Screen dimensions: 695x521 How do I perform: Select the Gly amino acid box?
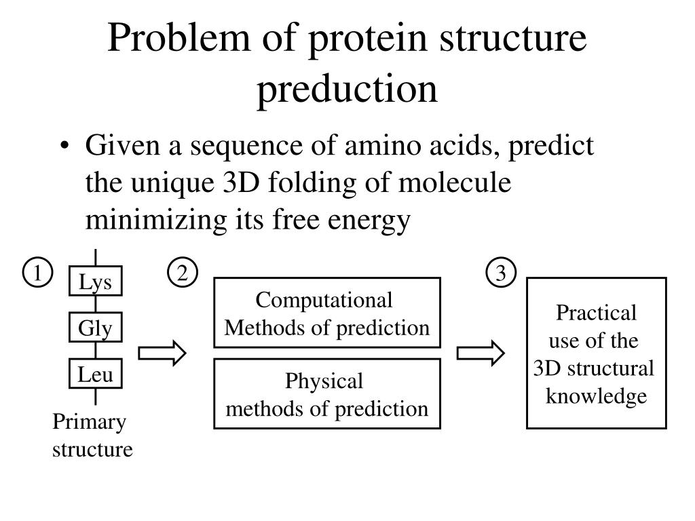tap(95, 329)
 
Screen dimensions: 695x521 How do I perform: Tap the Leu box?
tap(95, 374)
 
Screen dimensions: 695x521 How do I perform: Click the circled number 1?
tap(38, 273)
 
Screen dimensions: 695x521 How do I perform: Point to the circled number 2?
tap(182, 273)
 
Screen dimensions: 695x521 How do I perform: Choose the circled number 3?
tap(501, 273)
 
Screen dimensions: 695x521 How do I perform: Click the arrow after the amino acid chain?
tap(162, 353)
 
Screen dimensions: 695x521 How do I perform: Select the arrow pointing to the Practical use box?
tap(481, 353)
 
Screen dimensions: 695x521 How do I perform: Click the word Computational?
tap(324, 301)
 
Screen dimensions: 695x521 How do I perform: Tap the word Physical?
tap(324, 381)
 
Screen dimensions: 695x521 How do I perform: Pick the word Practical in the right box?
tap(596, 313)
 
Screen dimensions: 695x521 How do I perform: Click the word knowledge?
tap(597, 396)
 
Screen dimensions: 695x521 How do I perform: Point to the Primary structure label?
tap(91, 436)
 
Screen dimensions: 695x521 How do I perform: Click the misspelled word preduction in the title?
tap(347, 90)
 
